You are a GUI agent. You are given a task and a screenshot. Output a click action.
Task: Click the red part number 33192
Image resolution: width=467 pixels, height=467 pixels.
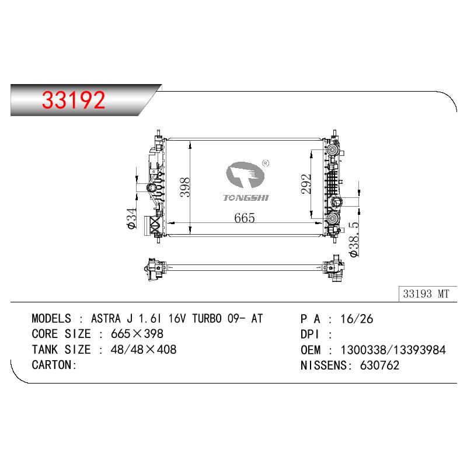(74, 100)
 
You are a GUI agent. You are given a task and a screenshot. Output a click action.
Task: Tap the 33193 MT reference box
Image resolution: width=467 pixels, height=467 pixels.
(427, 294)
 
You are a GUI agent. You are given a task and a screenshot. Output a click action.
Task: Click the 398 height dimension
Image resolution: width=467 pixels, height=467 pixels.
(185, 187)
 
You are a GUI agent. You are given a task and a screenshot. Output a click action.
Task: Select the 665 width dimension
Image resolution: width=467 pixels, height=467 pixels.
(245, 218)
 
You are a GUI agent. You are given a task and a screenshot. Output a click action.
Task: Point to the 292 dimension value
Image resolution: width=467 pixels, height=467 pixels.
(306, 184)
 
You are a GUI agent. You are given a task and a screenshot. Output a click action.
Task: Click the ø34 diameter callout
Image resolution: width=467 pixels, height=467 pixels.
(131, 218)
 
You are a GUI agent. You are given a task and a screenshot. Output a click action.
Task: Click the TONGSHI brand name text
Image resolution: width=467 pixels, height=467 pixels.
(246, 198)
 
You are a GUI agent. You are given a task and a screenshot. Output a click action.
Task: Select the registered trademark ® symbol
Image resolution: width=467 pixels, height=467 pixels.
(265, 163)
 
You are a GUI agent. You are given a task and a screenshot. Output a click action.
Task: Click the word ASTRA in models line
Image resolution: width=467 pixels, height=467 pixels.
(106, 319)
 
